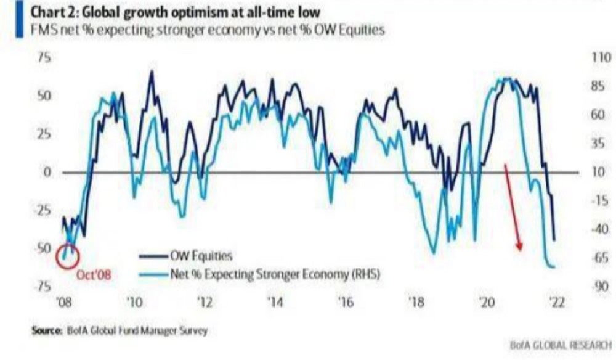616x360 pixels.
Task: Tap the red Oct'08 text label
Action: (94, 275)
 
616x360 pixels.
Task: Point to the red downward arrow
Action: (513, 207)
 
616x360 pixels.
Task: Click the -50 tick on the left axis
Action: (43, 248)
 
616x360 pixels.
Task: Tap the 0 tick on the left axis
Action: (46, 172)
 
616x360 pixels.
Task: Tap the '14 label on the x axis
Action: (275, 303)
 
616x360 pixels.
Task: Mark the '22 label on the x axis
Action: (557, 303)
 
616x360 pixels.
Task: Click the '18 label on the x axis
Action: (416, 303)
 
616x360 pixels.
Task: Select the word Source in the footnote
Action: (45, 331)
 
